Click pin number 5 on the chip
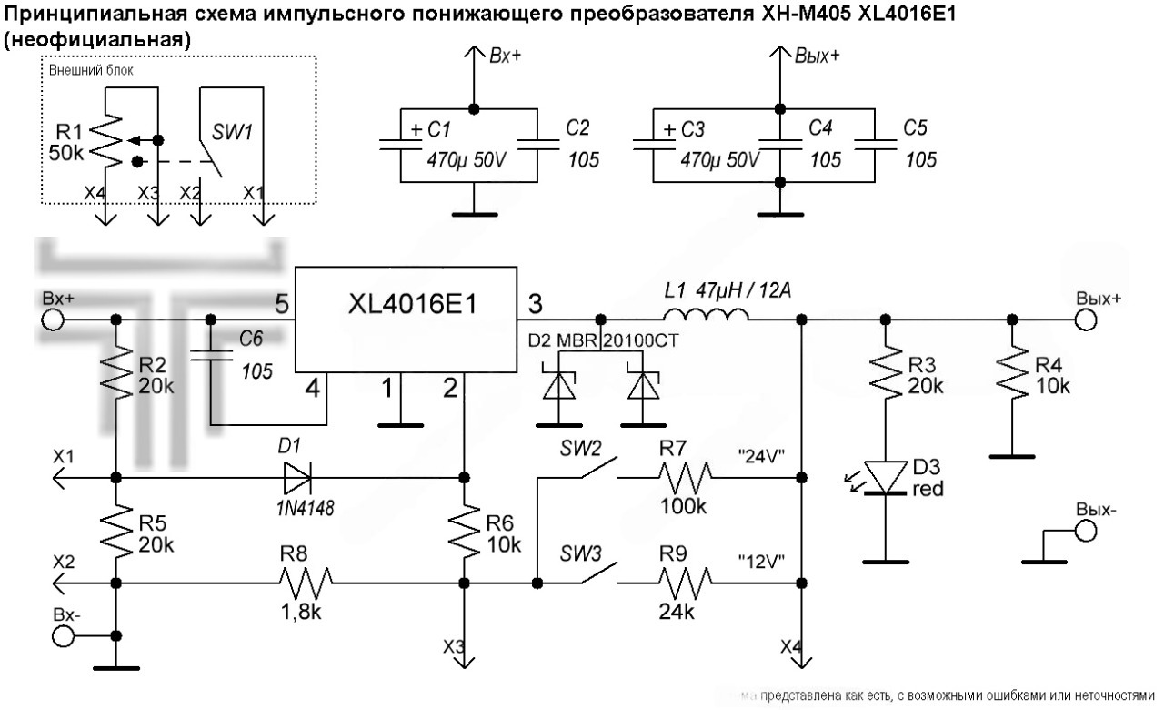pyautogui.click(x=281, y=303)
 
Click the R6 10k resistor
pyautogui.click(x=464, y=529)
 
